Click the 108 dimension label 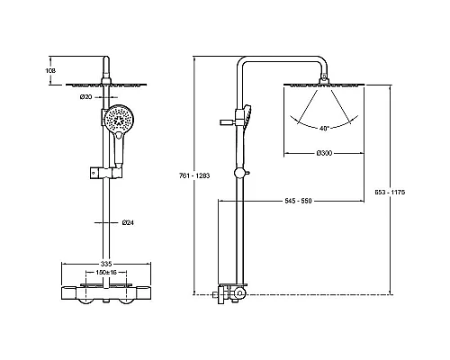(x=50, y=71)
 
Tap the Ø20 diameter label (x=85, y=97)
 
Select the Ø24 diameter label (x=128, y=222)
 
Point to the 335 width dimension (x=106, y=264)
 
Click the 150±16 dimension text (x=106, y=272)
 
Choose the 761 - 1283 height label (x=194, y=175)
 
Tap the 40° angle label (x=324, y=129)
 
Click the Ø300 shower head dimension (x=324, y=153)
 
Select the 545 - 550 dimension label (x=298, y=201)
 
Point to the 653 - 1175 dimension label (x=390, y=192)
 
